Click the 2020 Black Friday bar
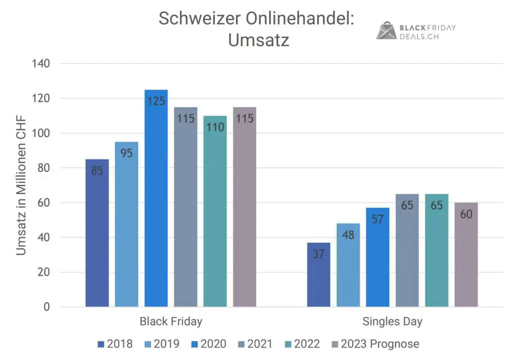point(156,201)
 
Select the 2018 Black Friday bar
point(97,236)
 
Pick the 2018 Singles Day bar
point(318,276)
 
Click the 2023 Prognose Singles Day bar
point(466,256)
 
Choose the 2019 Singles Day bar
point(348,266)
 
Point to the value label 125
point(156,101)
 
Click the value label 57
point(377,220)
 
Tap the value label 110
point(215,127)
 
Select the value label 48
point(348,235)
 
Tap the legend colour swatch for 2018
point(101,344)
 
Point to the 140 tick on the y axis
point(41,64)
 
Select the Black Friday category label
point(171,321)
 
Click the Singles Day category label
point(392,321)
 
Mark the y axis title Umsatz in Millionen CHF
point(21,186)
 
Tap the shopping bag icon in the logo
point(386,31)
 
